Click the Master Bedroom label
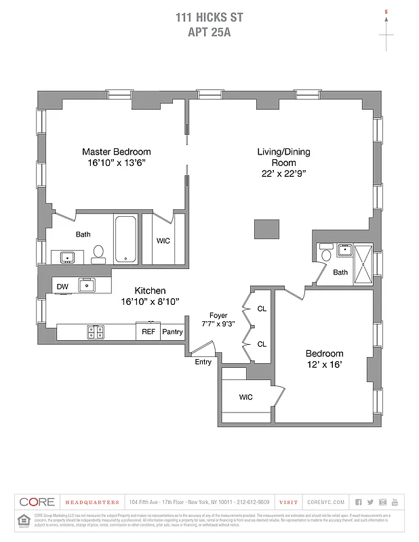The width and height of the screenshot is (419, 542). tap(116, 152)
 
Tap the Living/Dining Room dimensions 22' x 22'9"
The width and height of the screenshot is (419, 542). tap(283, 173)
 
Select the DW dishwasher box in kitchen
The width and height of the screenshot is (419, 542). tap(62, 286)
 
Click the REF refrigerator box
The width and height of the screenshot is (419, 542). tap(148, 332)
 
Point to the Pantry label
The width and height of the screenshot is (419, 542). tap(172, 332)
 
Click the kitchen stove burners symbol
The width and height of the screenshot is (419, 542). tap(94, 332)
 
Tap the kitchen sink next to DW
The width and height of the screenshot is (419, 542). tap(86, 286)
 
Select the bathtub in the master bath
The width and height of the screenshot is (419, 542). tap(125, 239)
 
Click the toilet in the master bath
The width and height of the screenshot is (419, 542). tap(99, 253)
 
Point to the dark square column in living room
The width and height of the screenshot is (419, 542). tap(266, 229)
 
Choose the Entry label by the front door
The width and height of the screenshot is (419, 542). tap(203, 362)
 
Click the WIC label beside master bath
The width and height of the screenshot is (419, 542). tap(163, 241)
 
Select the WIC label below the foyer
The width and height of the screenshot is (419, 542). tap(245, 397)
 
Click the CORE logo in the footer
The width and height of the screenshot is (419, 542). tap(37, 502)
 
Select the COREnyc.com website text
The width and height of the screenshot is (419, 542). tap(326, 502)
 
